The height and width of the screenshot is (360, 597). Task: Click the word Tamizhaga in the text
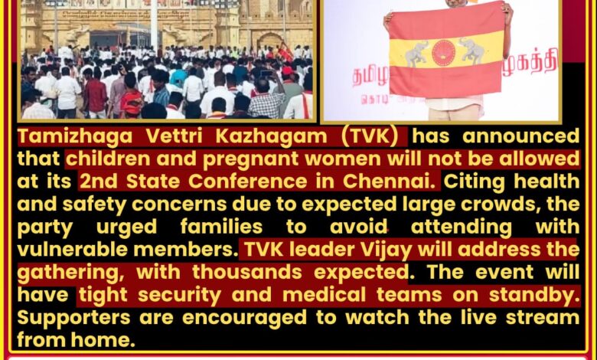[75, 137]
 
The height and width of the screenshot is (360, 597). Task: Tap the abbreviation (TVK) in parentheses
[370, 136]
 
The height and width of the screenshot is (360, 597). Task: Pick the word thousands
[246, 272]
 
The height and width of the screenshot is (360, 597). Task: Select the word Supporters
[74, 319]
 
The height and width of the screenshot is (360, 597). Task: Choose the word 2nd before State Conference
[98, 182]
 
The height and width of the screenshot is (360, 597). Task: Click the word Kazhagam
[271, 137]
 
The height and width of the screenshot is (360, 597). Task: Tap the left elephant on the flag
[416, 54]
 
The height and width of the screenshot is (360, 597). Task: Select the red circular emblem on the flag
[444, 52]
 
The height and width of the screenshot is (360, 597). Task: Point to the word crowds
[501, 205]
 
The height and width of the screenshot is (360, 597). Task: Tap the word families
[221, 227]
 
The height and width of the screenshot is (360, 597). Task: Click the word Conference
[247, 182]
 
